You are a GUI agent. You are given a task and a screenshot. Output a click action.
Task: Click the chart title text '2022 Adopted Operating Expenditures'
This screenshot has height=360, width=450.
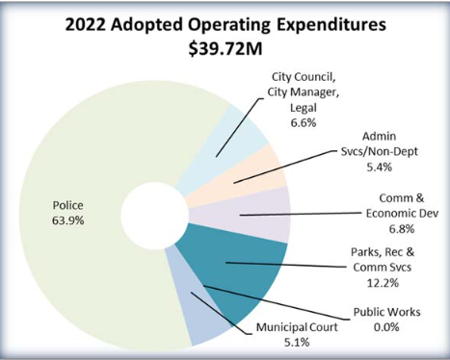pyautogui.click(x=224, y=24)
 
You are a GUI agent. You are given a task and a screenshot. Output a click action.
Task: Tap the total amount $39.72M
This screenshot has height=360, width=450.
pyautogui.click(x=225, y=48)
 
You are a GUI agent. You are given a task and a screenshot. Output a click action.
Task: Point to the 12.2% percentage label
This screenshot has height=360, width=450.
pyautogui.click(x=397, y=286)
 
